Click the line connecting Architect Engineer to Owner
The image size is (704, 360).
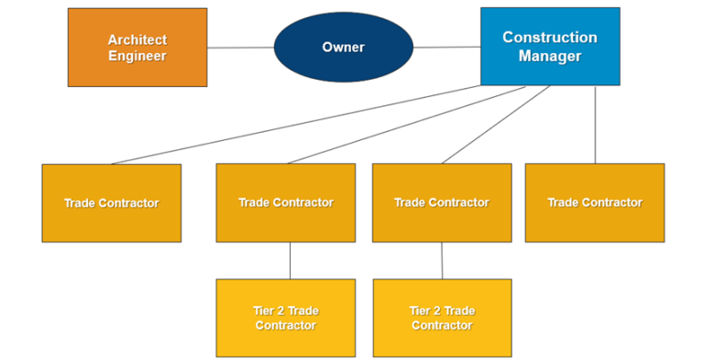pyautogui.click(x=240, y=48)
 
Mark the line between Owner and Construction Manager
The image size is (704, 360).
pyautogui.click(x=446, y=47)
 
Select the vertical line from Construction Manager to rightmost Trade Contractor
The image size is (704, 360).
pyautogui.click(x=595, y=125)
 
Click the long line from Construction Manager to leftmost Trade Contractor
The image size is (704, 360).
pyautogui.click(x=293, y=125)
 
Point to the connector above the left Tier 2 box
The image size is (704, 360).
pyautogui.click(x=290, y=260)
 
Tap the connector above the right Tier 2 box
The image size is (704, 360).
pyautogui.click(x=442, y=260)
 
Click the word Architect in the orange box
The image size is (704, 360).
pyautogui.click(x=137, y=40)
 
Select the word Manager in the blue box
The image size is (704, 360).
pyautogui.click(x=550, y=56)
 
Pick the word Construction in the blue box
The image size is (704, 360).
pyautogui.click(x=550, y=38)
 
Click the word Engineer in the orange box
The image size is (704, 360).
pyautogui.click(x=137, y=56)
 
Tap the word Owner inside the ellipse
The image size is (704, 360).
pyautogui.click(x=343, y=47)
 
